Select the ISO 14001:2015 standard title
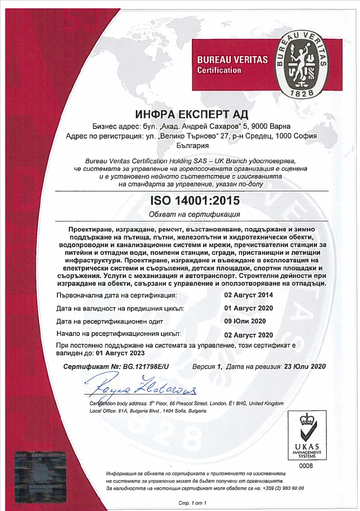point(194,200)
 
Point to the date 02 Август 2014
point(248,295)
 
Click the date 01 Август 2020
point(248,308)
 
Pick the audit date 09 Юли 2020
point(245,321)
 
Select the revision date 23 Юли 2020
point(303,367)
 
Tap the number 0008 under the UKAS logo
point(306,466)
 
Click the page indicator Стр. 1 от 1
point(192,503)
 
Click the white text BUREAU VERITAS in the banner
point(232,60)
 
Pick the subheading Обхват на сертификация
point(194,214)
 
